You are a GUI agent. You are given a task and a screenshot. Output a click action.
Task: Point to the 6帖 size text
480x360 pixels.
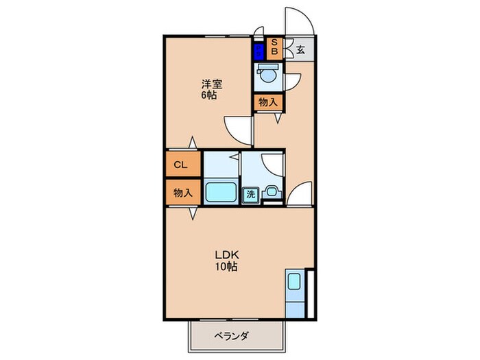[209, 95]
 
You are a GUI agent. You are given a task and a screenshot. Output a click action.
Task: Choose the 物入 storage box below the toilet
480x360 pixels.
[267, 102]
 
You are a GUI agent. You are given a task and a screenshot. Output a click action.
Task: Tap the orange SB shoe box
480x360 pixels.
[272, 47]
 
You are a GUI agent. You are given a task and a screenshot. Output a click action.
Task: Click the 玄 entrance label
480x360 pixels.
[300, 49]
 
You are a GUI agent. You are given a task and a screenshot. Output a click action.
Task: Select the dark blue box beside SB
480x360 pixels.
[258, 51]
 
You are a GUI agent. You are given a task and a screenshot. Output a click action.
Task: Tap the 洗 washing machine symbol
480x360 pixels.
[252, 194]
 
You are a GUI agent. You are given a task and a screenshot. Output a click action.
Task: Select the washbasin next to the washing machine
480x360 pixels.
[272, 193]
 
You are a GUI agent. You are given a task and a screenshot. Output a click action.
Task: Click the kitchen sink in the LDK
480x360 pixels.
[294, 282]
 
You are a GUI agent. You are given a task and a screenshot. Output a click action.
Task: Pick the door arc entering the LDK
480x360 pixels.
[300, 195]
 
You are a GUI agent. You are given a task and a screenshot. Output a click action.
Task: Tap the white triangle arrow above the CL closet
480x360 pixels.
[193, 143]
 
